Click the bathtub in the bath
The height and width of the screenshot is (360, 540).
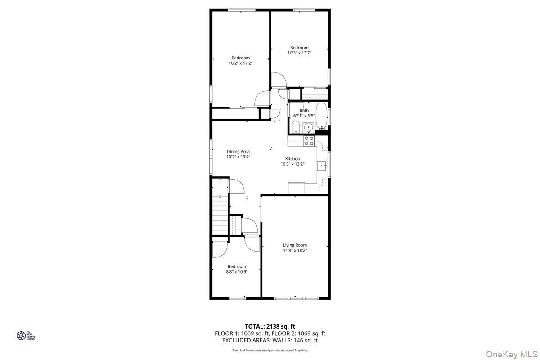321,117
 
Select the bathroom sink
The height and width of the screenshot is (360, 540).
309,128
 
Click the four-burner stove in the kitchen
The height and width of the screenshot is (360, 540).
309,141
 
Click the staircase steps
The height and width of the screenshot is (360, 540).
220,216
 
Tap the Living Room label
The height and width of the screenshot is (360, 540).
295,245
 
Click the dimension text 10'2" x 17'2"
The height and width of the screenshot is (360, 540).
241,63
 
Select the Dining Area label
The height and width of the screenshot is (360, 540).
238,152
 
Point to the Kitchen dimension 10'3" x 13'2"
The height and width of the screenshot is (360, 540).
292,164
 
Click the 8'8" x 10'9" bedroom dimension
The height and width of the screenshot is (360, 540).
237,272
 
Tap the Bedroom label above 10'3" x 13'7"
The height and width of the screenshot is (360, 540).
299,48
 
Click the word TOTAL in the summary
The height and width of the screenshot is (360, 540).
255,326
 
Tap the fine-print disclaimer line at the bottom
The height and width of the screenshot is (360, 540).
270,350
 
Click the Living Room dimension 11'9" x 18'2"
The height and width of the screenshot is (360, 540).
295,251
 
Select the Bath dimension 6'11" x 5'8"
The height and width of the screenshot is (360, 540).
304,116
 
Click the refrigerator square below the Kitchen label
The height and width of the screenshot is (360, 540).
297,188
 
